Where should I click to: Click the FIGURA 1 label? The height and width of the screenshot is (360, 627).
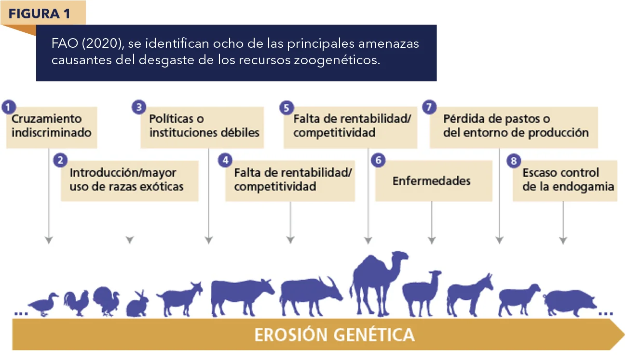coord(39,14)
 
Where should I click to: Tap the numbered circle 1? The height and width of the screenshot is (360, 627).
coord(9,107)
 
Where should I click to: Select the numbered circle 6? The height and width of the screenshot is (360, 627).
coord(378,160)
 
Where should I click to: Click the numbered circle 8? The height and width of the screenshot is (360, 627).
coord(514,161)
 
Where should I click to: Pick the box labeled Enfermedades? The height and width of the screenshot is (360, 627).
coord(434,180)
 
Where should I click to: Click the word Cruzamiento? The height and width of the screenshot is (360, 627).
coord(46,119)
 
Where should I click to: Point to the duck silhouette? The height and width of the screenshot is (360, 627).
coord(43,305)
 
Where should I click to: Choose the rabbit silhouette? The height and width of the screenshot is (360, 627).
coord(137,305)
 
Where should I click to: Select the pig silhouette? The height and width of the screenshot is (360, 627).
coord(570,303)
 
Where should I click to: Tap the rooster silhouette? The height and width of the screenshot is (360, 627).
coord(76,303)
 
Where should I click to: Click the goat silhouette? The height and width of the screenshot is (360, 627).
coord(179,300)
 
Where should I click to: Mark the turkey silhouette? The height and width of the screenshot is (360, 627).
coord(107,302)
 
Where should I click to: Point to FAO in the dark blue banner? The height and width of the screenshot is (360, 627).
coord(65,43)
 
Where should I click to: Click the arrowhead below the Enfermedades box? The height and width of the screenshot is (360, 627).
coord(432,240)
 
